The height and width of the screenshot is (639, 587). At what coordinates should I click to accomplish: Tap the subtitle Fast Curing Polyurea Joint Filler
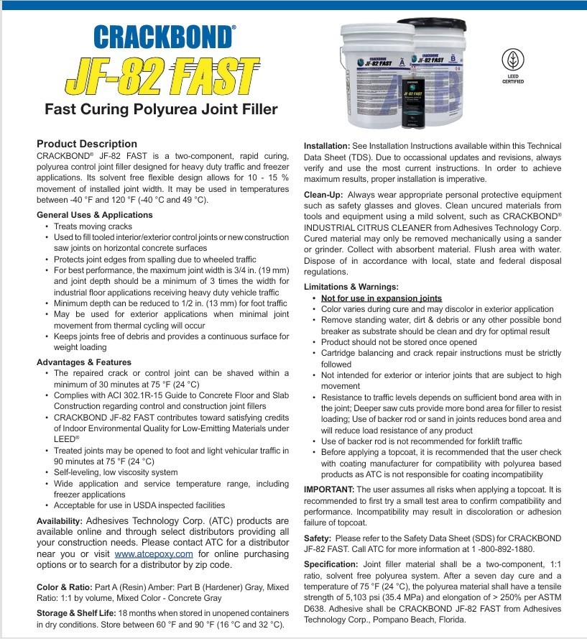tap(161, 110)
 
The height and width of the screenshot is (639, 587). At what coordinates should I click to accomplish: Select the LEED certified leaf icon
tap(512, 60)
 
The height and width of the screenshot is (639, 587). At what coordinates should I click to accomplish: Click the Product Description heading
tap(86, 144)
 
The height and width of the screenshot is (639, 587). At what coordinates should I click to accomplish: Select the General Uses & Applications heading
tap(94, 215)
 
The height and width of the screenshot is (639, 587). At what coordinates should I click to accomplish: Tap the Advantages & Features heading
tap(84, 362)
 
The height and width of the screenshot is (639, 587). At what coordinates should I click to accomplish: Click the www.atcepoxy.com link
tap(154, 554)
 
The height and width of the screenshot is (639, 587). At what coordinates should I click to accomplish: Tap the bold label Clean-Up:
tap(323, 195)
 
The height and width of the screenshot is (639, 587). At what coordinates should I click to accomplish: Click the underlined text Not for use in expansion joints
tap(382, 298)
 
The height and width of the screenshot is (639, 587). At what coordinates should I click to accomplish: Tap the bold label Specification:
tap(332, 564)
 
